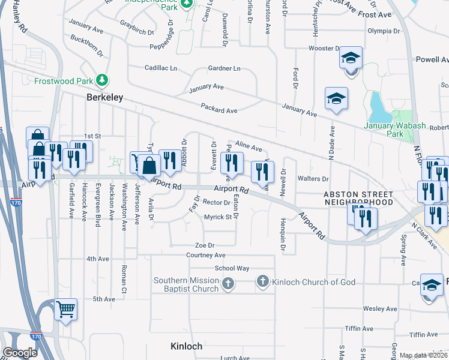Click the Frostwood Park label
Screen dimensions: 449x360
[x=64, y=80]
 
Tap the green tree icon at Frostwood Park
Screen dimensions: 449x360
[x=103, y=80]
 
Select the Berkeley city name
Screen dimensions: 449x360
[x=105, y=97]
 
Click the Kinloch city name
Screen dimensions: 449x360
[x=186, y=346]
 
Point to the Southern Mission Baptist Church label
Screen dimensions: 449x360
[x=185, y=284]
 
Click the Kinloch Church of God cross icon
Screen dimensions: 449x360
[x=262, y=281]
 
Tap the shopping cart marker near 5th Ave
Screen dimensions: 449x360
[x=66, y=310]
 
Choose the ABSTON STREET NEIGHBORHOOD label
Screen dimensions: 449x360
[x=358, y=199]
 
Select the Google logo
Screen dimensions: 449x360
[x=19, y=352]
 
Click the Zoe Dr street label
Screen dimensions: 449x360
[x=205, y=245]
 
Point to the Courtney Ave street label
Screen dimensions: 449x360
[x=205, y=255]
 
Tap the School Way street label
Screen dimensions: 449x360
[x=232, y=268]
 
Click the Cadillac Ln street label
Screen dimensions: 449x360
[x=160, y=68]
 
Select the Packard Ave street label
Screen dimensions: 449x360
[x=219, y=110]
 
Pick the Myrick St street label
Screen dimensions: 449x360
[x=217, y=217]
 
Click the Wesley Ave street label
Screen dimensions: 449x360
[x=381, y=309]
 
